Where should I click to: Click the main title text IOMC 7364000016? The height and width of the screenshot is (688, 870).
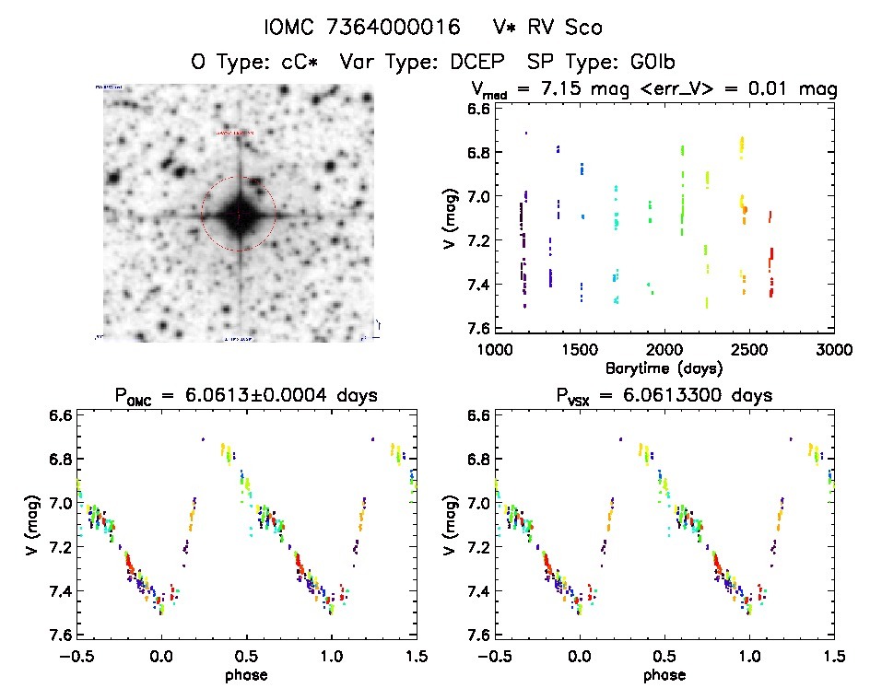[362, 27]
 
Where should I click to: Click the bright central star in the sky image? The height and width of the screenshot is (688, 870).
[238, 214]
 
